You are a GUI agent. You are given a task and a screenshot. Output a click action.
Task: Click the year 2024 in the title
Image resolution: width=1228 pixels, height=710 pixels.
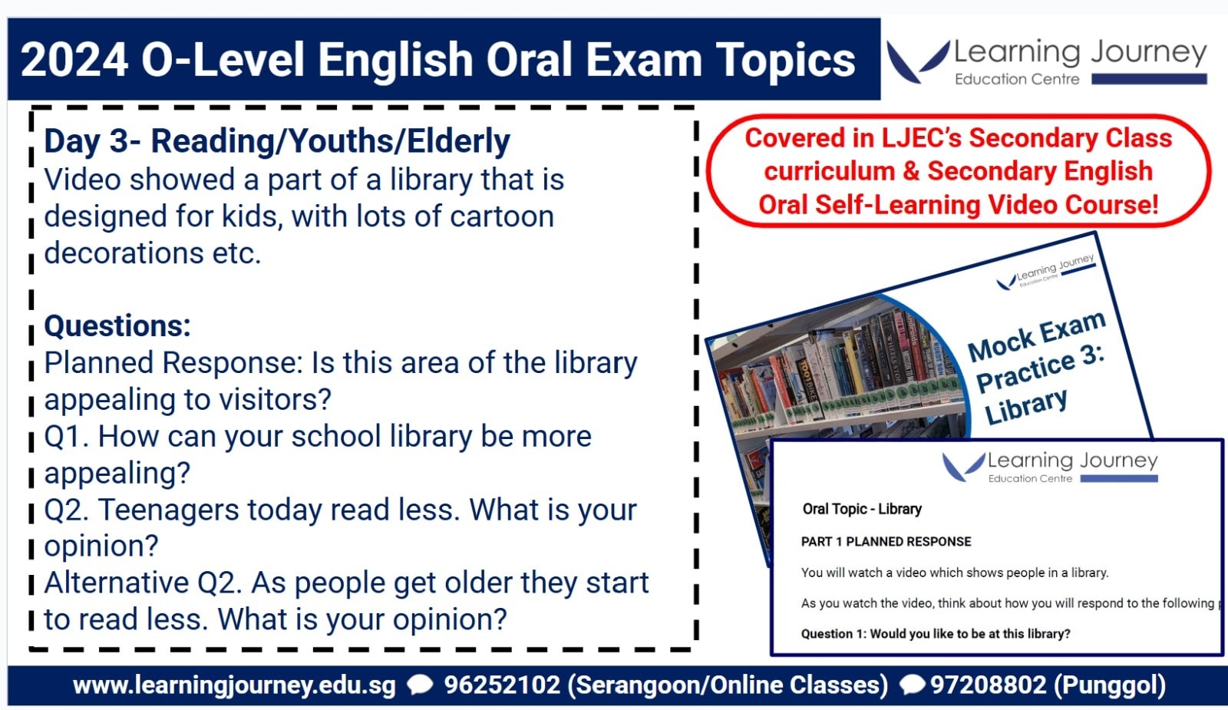[74, 60]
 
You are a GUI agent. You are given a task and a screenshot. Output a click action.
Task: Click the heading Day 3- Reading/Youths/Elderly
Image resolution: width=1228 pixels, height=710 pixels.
[277, 141]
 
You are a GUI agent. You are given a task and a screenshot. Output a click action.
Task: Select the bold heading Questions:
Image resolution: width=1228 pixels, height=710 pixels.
[117, 325]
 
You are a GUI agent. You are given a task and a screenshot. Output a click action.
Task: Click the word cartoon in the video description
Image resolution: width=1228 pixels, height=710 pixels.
[502, 216]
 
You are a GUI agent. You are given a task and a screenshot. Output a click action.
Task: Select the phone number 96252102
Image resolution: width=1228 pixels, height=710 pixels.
[502, 685]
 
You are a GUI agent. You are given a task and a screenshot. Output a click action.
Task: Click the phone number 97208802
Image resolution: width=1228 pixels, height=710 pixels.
[988, 685]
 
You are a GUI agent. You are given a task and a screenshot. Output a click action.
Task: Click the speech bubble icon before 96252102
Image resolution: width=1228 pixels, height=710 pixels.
[420, 685]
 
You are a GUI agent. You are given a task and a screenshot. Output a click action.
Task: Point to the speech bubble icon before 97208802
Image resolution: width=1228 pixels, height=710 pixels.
[913, 685]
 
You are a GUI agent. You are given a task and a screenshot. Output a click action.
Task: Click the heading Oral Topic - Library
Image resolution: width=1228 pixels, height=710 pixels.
[862, 510]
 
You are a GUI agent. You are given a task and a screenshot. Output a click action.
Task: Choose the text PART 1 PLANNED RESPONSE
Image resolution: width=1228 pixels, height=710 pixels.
[886, 542]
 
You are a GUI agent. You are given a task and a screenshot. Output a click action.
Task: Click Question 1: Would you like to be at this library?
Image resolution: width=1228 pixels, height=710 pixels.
[936, 634]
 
